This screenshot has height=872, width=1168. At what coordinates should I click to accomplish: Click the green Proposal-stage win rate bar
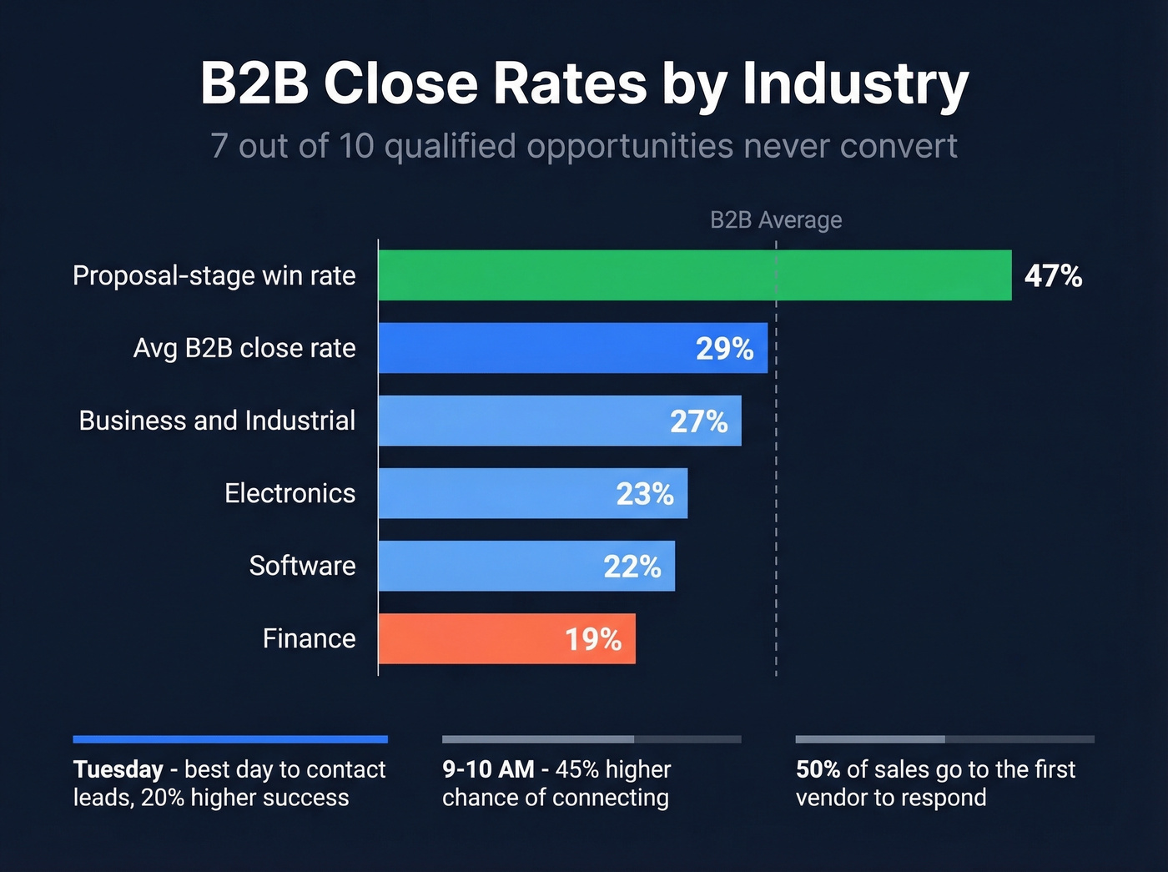pyautogui.click(x=694, y=275)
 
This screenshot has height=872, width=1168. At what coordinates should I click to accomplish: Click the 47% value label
pyautogui.click(x=1053, y=276)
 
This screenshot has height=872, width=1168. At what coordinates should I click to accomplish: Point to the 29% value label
pyautogui.click(x=724, y=349)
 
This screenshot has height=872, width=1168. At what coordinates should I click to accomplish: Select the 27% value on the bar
pyautogui.click(x=698, y=421)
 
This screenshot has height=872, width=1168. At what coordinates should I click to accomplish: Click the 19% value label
pyautogui.click(x=592, y=640)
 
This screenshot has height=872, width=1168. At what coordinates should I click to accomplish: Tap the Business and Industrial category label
pyautogui.click(x=217, y=421)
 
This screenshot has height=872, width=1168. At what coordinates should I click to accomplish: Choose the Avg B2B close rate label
pyautogui.click(x=244, y=348)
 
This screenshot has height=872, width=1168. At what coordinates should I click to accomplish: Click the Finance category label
pyautogui.click(x=309, y=638)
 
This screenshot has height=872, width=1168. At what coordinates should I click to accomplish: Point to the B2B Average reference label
pyautogui.click(x=775, y=220)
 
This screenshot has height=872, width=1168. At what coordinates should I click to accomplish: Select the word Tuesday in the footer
pyautogui.click(x=118, y=769)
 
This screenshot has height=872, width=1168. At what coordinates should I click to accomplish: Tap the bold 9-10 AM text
pyautogui.click(x=488, y=769)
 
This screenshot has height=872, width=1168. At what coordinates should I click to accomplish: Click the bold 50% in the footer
pyautogui.click(x=818, y=769)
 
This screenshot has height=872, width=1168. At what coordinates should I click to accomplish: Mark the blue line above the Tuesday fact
pyautogui.click(x=230, y=739)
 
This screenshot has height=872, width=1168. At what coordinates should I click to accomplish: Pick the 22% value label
pyautogui.click(x=632, y=567)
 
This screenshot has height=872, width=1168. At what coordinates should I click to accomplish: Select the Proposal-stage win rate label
pyautogui.click(x=214, y=275)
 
